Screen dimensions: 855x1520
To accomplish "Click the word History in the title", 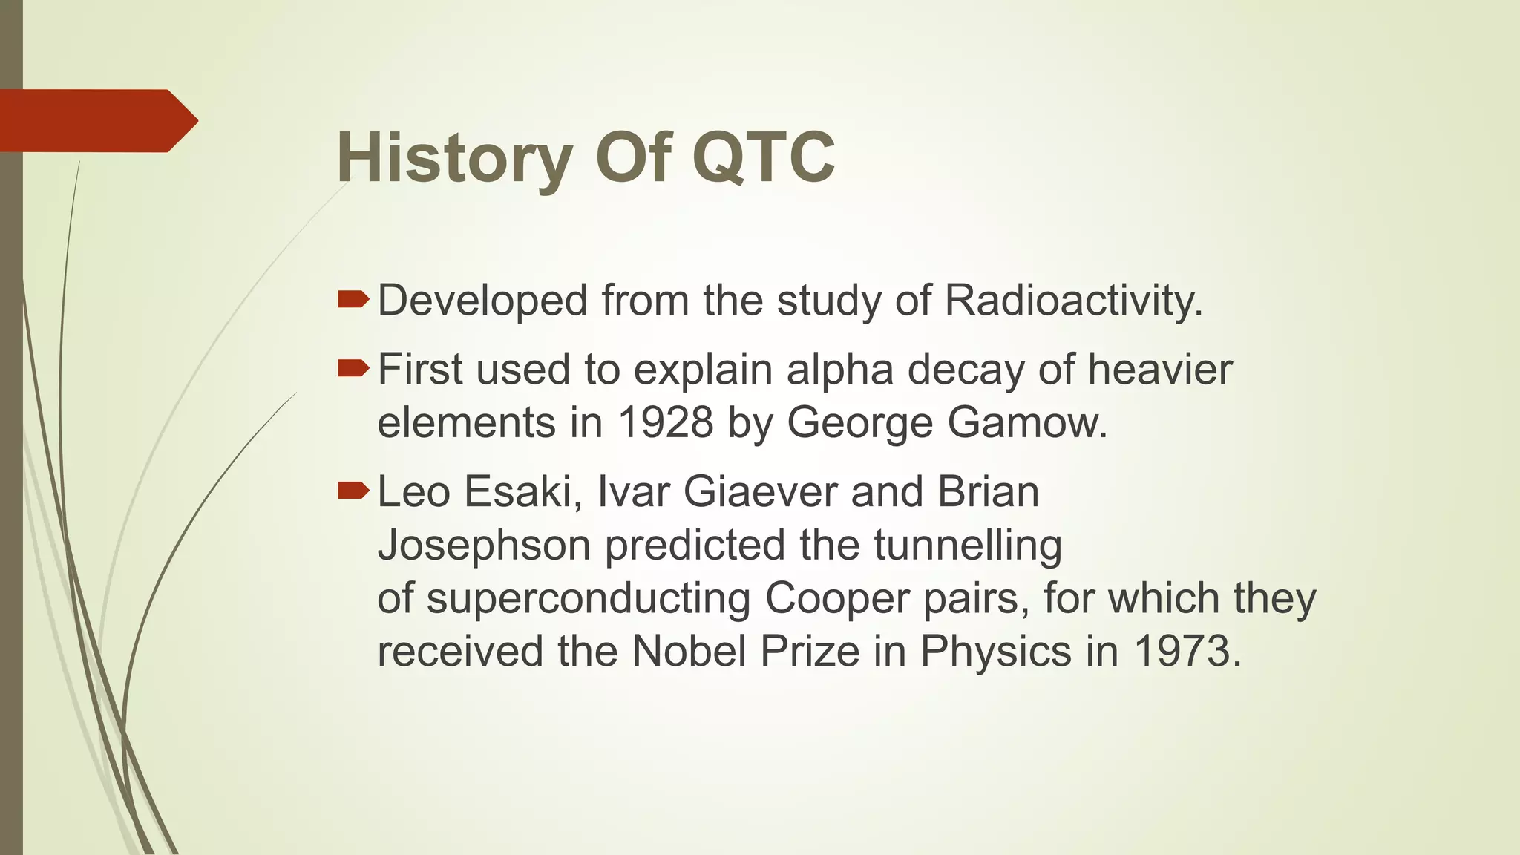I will tap(454, 157).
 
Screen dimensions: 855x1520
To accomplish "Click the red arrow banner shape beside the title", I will tap(96, 120).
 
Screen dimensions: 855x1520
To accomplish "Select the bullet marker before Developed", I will tap(353, 299).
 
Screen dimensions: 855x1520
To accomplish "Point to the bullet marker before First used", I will tap(353, 367).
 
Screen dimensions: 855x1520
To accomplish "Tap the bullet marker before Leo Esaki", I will tap(353, 490).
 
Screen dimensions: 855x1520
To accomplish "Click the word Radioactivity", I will tap(1073, 301).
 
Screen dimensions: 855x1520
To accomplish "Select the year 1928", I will tap(665, 422).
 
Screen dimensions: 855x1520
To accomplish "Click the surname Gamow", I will tap(1027, 422).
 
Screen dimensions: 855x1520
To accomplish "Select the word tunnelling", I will tap(968, 545).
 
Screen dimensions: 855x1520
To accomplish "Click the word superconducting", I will tap(588, 598).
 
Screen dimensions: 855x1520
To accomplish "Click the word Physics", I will tap(996, 652).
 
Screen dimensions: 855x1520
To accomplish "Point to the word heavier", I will tap(1160, 369).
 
